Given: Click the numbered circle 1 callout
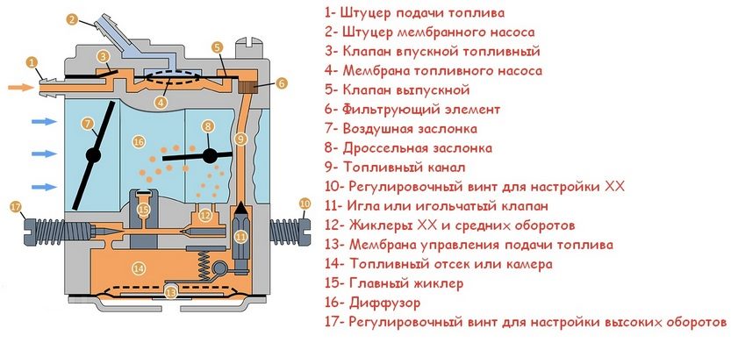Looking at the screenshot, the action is (x=32, y=62).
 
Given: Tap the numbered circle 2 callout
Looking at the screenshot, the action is (x=72, y=19).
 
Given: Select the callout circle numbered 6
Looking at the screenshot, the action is (x=282, y=83).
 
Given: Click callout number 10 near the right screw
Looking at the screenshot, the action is (x=305, y=203).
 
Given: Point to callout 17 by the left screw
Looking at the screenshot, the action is (x=16, y=206).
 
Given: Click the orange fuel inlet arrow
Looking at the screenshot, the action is (x=21, y=87).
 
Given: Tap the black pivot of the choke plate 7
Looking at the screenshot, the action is (x=93, y=155).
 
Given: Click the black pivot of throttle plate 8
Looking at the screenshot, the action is (x=210, y=155).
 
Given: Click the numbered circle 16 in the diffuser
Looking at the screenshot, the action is (x=139, y=142).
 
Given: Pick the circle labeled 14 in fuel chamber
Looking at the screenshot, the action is (x=139, y=268).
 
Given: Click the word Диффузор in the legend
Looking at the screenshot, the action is (x=384, y=303).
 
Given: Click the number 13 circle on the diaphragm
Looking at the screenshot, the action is (x=172, y=292).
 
